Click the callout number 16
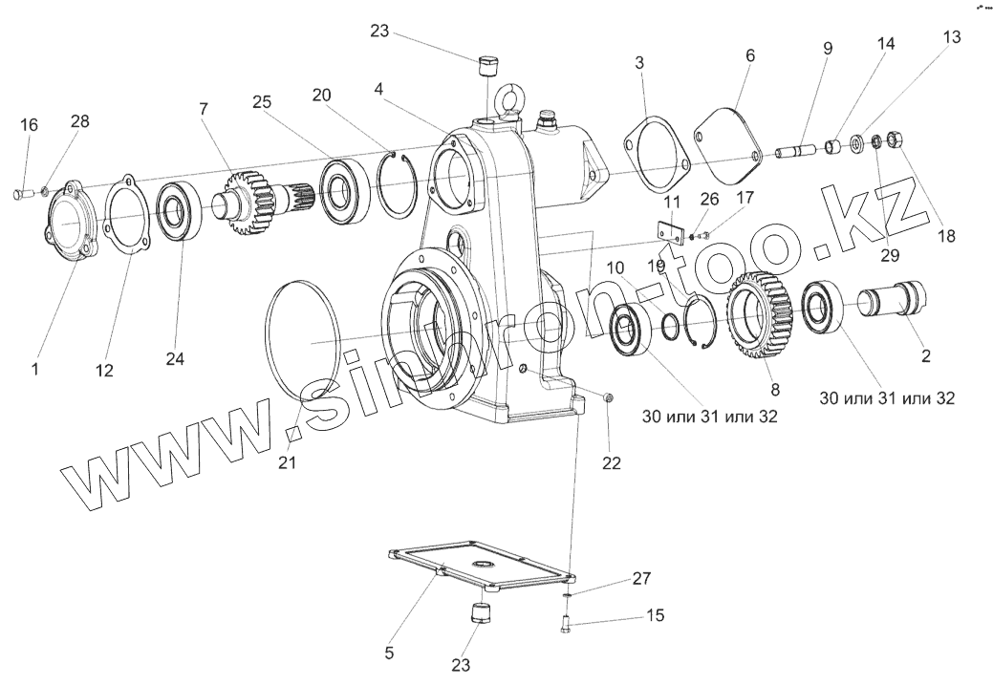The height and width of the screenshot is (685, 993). [x=29, y=125]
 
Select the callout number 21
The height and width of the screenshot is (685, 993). [x=288, y=462]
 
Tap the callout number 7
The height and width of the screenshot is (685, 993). [x=203, y=109]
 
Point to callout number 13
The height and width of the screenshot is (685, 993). [x=951, y=36]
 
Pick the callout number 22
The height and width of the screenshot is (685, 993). [x=611, y=462]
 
